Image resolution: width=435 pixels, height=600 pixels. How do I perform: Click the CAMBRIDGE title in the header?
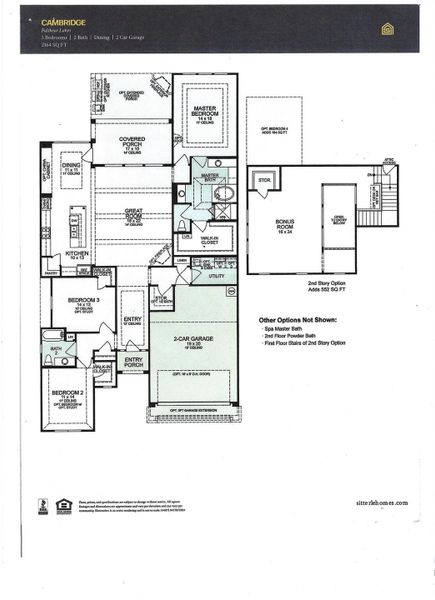(x=62, y=20)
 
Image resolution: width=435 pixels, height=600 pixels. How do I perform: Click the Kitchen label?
(x=78, y=255)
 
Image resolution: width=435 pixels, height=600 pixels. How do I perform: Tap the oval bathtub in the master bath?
(x=226, y=193)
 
